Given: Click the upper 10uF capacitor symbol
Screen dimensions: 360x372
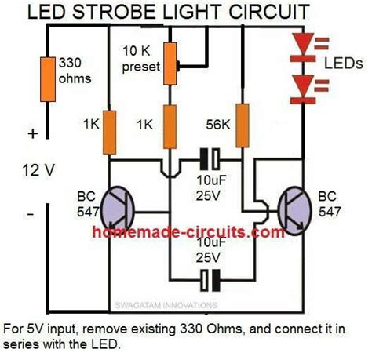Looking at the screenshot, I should pos(207,160).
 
